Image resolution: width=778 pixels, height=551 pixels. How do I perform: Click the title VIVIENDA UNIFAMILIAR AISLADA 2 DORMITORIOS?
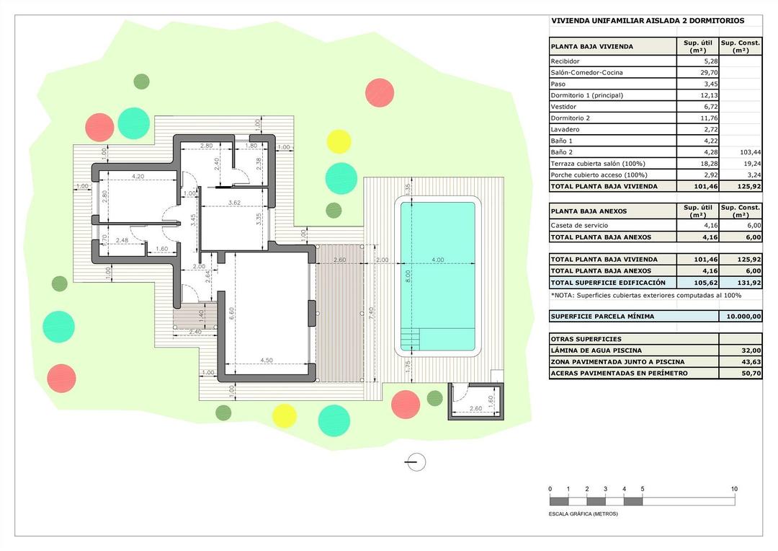pyautogui.click(x=648, y=21)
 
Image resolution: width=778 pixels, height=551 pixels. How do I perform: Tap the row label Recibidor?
pyautogui.click(x=565, y=62)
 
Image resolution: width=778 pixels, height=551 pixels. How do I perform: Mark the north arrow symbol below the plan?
pyautogui.click(x=416, y=462)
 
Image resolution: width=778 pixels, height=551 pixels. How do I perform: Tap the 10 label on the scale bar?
pyautogui.click(x=734, y=489)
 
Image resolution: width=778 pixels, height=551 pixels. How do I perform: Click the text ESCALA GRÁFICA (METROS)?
pyautogui.click(x=583, y=514)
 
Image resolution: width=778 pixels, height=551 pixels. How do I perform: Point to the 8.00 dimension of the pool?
pyautogui.click(x=409, y=275)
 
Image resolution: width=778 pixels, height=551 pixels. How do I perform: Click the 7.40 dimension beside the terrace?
pyautogui.click(x=370, y=313)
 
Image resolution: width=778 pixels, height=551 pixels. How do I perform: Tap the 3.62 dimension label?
pyautogui.click(x=233, y=203)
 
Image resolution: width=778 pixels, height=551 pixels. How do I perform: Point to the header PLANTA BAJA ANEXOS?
pyautogui.click(x=589, y=211)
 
